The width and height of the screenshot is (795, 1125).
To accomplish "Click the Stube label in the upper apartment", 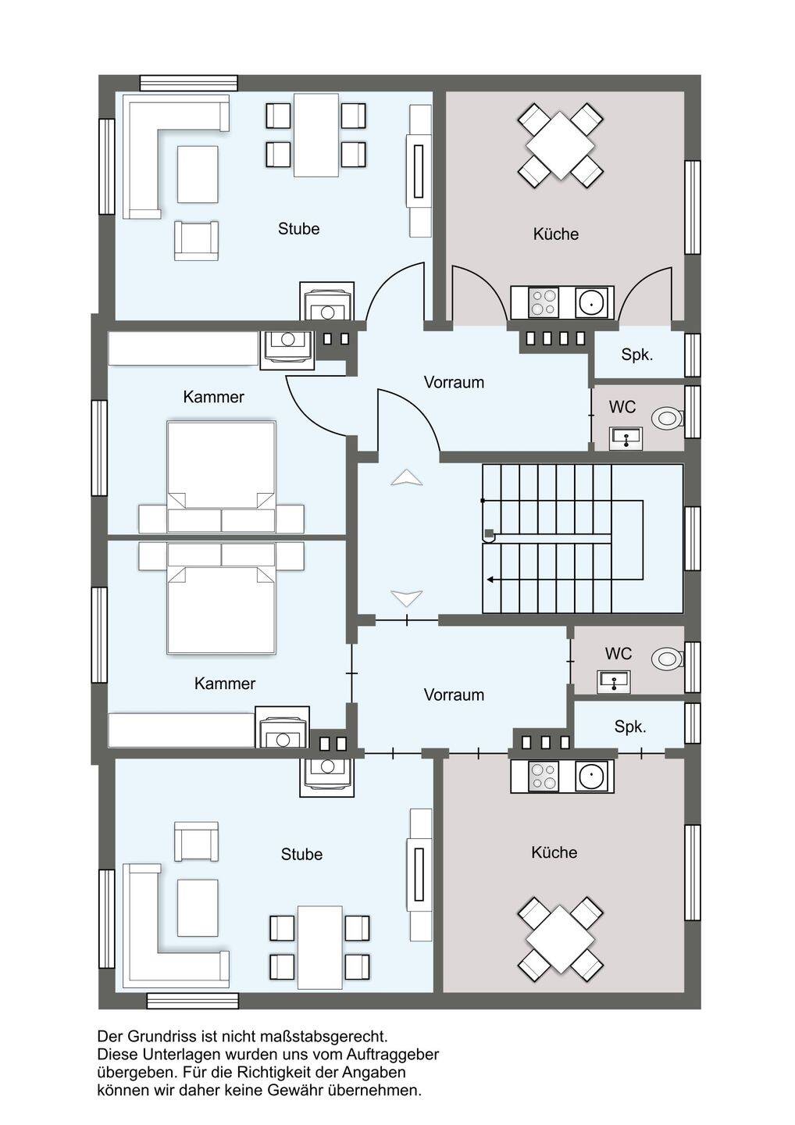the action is point(298,228).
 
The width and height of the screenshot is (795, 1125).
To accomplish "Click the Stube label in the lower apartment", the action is point(301,854).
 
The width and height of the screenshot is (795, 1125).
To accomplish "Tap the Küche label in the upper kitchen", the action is point(555,234).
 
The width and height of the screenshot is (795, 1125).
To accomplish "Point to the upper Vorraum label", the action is point(454,382).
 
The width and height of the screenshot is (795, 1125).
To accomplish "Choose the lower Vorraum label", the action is point(454,695).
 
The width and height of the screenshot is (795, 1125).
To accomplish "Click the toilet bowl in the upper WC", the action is point(668,417).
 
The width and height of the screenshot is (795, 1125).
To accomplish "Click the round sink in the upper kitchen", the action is point(593,303).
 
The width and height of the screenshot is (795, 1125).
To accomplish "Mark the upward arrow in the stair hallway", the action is point(407,477).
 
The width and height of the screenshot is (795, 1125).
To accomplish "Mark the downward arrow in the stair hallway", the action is point(407,598).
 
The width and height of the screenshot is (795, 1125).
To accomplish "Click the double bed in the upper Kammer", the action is point(221,477).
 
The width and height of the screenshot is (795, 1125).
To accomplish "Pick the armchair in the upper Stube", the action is point(196,241).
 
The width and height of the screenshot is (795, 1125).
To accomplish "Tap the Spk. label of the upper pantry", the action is point(637,355).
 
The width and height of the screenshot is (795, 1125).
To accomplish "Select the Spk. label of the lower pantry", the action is point(630,727).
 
